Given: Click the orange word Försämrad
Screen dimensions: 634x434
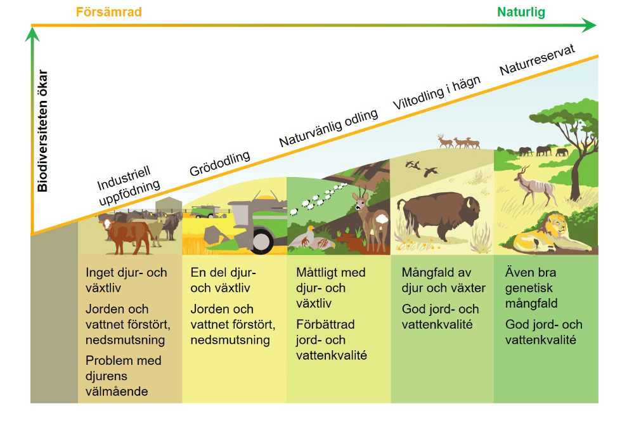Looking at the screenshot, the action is tap(109, 11).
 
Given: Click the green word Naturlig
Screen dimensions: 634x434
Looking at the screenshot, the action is tap(521, 12).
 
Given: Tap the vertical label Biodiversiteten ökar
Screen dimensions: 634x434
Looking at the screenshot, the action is tap(42, 131).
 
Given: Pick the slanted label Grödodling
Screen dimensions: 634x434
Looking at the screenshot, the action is tap(219, 164).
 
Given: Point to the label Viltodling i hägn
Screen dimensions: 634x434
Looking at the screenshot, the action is tap(437, 92).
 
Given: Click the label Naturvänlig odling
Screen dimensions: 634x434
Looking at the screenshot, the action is tap(328, 128).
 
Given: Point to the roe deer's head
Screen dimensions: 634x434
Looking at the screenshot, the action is tap(361, 201).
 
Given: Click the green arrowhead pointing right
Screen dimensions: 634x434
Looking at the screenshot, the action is tap(590, 25).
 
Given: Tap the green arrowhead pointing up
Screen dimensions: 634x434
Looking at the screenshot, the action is tap(32, 34).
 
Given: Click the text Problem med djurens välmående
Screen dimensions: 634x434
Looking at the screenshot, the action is tap(124, 376).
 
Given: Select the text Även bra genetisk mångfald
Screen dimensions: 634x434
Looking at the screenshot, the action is tap(531, 287).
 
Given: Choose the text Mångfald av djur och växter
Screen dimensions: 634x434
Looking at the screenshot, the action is tap(444, 280).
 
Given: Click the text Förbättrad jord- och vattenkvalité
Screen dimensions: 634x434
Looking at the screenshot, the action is tap(332, 339).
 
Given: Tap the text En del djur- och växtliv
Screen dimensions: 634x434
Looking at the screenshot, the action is tap(223, 280).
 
